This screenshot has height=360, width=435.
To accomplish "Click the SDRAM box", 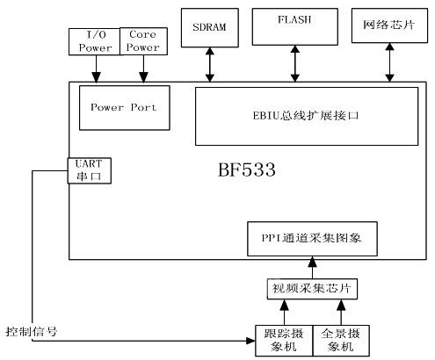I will click(209, 26).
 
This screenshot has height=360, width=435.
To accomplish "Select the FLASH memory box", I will click(294, 25).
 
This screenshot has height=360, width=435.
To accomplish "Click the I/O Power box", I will click(93, 40).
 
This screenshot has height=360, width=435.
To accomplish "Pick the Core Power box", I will click(141, 40).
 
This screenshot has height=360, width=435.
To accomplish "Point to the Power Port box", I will click(124, 108).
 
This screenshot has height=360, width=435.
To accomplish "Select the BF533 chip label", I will click(246, 169).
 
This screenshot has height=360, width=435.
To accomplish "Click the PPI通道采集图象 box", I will click(313, 237).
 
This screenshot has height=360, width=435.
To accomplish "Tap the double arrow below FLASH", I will click(294, 63).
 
